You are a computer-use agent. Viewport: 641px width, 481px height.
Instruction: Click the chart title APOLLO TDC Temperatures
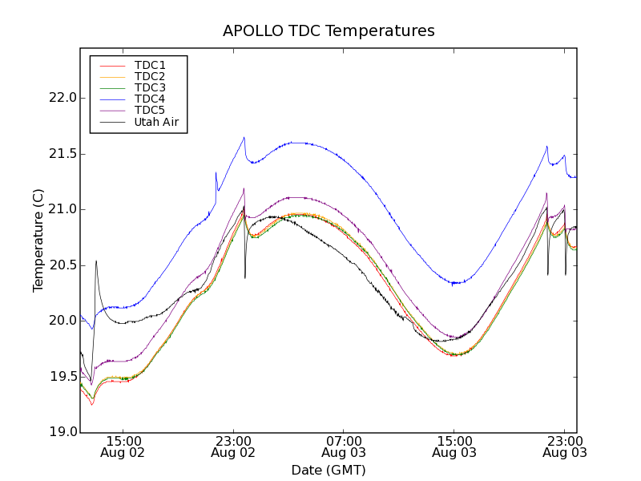329,31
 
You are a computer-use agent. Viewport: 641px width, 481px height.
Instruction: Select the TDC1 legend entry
150,65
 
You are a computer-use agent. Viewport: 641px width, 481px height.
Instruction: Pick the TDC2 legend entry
150,76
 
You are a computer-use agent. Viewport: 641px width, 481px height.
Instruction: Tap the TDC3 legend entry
150,87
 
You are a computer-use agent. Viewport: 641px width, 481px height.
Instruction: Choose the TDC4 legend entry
150,99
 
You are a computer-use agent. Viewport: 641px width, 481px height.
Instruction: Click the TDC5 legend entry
150,110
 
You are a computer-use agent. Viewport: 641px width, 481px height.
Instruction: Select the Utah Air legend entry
156,122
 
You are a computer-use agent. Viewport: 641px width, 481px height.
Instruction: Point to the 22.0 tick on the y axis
62,98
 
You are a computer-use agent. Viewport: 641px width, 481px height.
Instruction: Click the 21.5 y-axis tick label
62,154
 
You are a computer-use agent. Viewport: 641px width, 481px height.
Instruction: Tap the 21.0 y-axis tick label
62,209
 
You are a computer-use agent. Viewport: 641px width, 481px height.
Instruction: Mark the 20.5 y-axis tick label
62,265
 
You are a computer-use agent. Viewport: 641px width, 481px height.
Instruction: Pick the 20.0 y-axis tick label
62,321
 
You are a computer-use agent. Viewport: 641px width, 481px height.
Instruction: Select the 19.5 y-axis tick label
62,377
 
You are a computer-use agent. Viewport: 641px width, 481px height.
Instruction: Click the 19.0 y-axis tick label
62,432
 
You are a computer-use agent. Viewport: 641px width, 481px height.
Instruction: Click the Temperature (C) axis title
38,240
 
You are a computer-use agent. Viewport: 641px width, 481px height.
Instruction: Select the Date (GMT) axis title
329,470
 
